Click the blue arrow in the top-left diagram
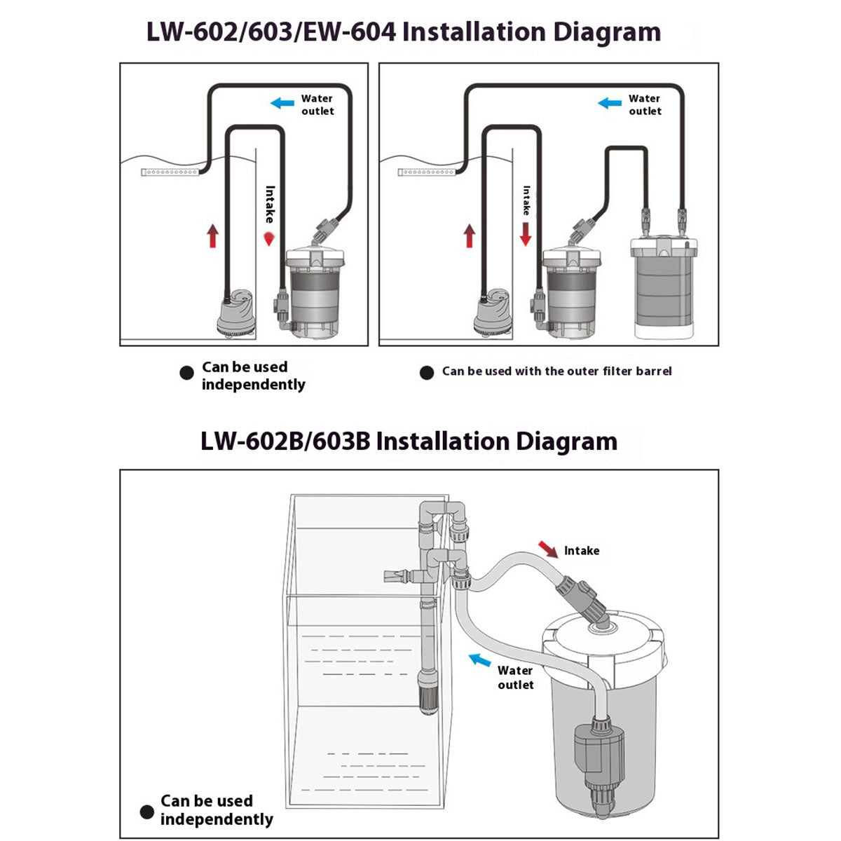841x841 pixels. (282, 104)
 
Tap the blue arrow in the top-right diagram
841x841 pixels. (609, 104)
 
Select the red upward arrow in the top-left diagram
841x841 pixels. (213, 235)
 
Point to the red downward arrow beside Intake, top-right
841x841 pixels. (526, 235)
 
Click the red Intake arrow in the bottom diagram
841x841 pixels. (547, 547)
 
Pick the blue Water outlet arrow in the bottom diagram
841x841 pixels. (479, 660)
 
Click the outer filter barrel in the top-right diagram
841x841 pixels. (664, 287)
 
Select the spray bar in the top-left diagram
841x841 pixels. (171, 172)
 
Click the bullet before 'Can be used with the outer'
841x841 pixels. (426, 373)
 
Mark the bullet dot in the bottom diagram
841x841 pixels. (146, 812)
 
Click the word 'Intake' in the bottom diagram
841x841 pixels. (582, 551)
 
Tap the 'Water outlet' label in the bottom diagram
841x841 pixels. (515, 678)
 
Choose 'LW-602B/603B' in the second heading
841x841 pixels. (285, 442)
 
